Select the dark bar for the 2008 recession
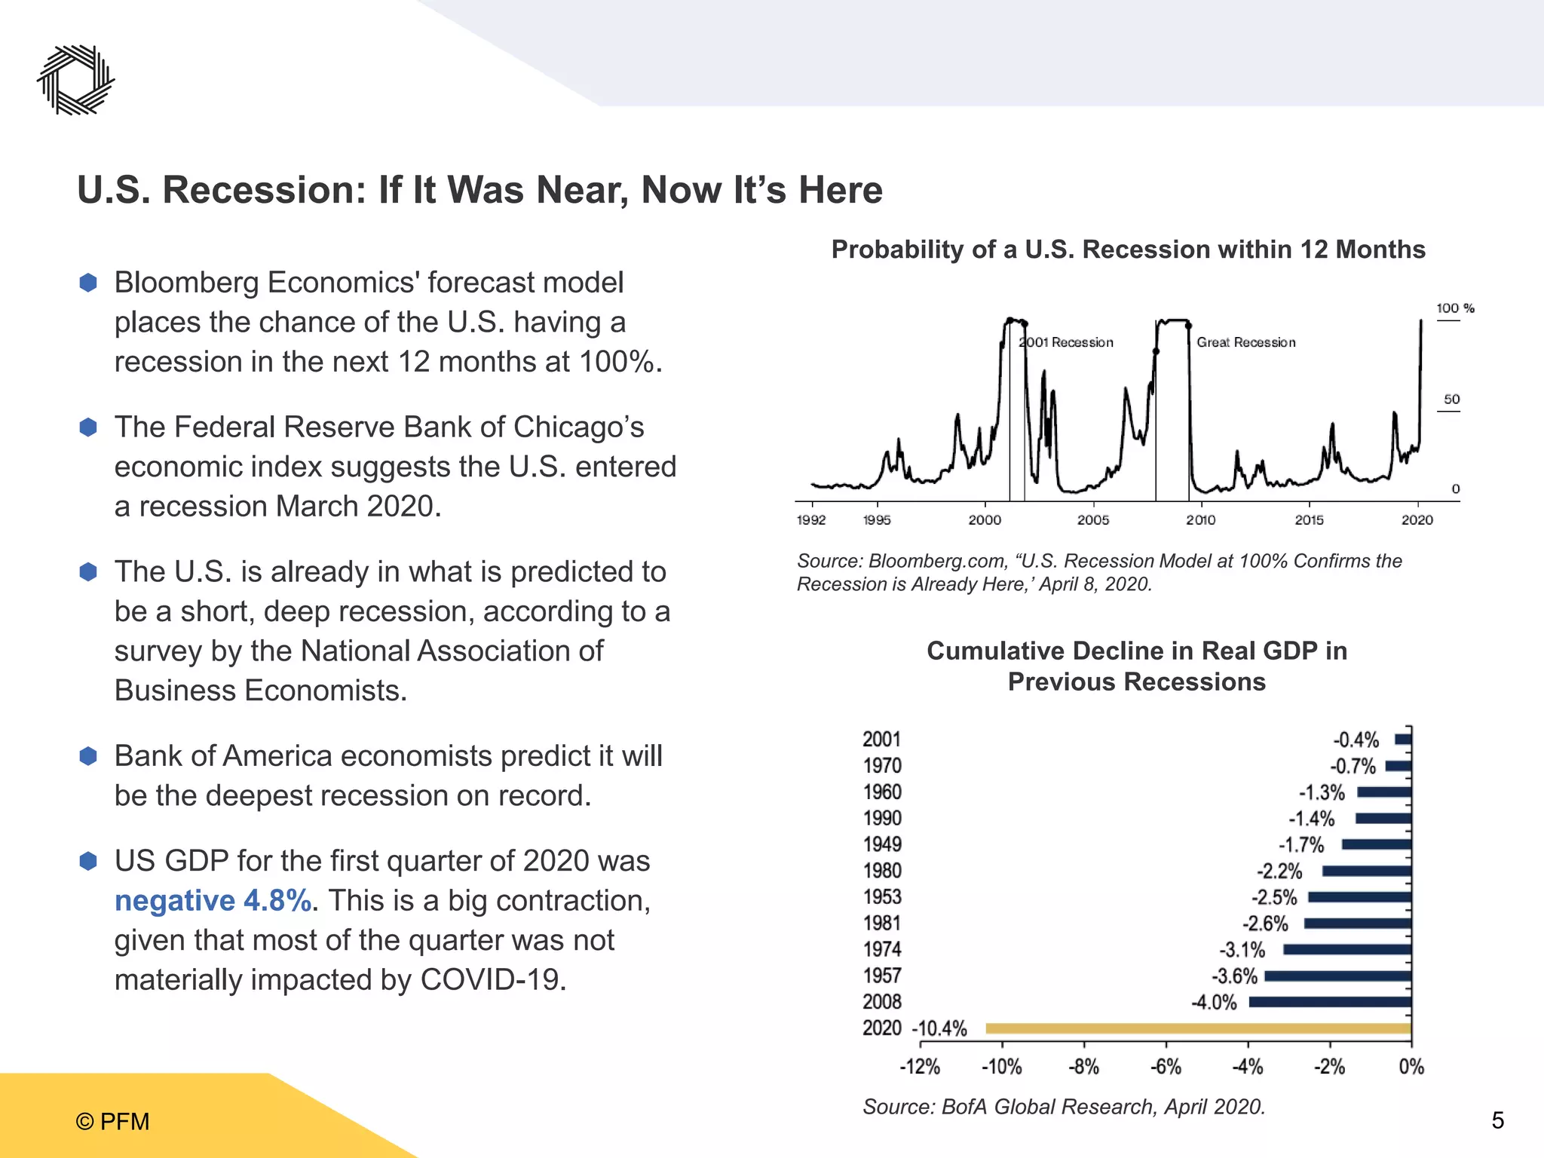(1330, 1002)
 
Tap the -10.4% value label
(939, 1029)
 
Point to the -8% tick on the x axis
(1083, 1067)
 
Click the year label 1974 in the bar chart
(882, 949)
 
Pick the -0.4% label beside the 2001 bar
(1356, 740)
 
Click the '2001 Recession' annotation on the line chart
(1065, 342)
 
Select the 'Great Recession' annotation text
(1245, 342)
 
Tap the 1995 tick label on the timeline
(876, 520)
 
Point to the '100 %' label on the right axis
(1454, 308)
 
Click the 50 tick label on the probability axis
(1451, 400)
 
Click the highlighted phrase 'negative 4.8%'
(213, 901)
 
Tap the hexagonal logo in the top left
(75, 80)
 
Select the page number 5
(1497, 1120)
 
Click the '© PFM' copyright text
(112, 1121)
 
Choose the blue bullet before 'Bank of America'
(88, 756)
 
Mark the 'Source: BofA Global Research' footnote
(1064, 1107)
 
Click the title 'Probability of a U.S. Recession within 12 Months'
(1128, 250)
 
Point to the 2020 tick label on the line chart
(1417, 520)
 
